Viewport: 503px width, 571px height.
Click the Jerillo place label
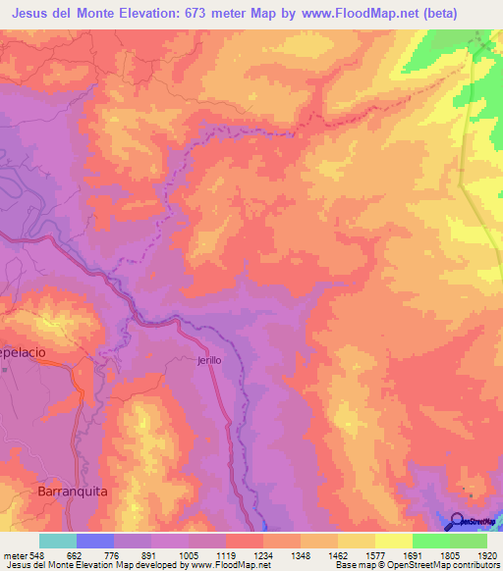(208, 360)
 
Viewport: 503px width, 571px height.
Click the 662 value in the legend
(72, 554)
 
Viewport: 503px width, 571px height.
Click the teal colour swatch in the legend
(57, 541)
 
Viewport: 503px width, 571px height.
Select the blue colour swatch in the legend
(94, 541)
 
